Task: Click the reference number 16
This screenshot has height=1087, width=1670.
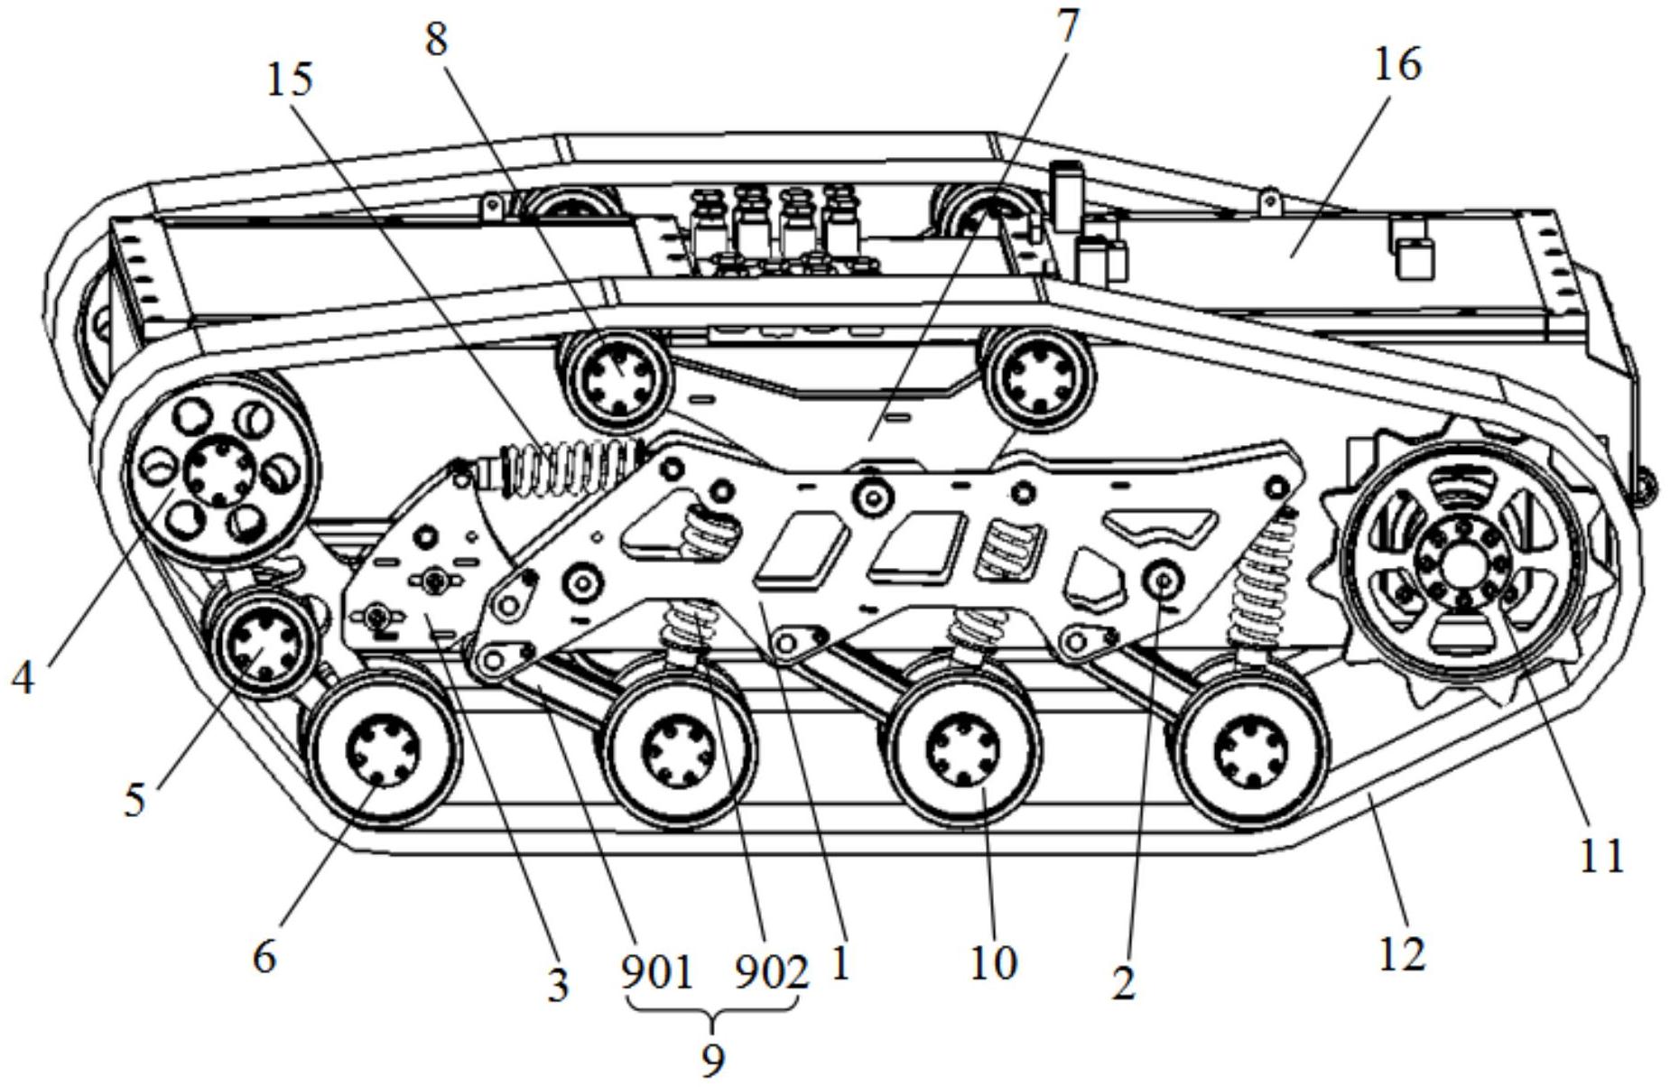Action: point(1397,64)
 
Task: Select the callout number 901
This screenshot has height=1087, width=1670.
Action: point(657,973)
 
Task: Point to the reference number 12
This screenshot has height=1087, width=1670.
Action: point(1402,953)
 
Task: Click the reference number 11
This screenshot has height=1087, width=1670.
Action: point(1601,854)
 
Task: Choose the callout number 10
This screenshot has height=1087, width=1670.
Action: point(994,963)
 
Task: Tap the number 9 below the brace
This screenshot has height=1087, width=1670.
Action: point(713,1058)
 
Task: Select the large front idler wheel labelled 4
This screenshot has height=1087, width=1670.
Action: point(218,469)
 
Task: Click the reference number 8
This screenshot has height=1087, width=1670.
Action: point(437,40)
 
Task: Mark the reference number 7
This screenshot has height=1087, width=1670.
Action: point(1067,25)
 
